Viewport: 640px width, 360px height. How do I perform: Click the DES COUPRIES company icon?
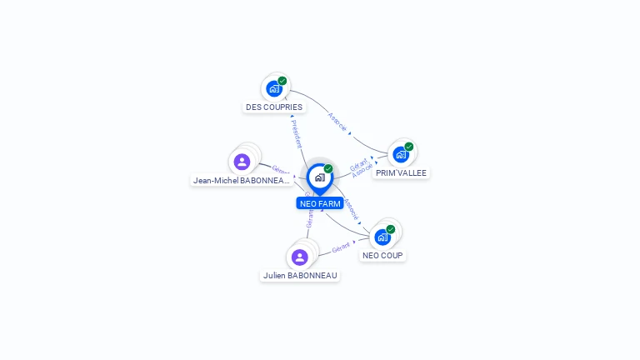(274, 88)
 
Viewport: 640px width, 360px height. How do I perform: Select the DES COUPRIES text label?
(274, 107)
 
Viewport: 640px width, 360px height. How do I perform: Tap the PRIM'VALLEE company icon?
(401, 154)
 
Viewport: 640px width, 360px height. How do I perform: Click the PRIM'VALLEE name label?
(401, 173)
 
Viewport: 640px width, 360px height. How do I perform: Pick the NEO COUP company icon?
(382, 237)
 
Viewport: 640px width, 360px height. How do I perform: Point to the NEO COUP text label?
(382, 256)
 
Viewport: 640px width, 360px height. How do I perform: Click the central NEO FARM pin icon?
(319, 177)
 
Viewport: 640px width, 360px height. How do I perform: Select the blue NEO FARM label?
(319, 203)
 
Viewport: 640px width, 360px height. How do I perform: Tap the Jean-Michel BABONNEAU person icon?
(242, 162)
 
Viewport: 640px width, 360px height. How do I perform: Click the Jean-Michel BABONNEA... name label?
(242, 180)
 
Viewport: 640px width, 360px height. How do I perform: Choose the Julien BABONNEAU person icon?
(300, 257)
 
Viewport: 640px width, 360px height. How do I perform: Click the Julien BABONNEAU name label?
(300, 276)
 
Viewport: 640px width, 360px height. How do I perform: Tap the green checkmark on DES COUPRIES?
(282, 81)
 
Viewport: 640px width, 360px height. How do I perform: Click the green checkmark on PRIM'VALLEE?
(409, 147)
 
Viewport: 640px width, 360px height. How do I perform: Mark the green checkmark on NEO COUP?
(391, 229)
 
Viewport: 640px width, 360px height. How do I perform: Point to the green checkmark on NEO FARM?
(328, 169)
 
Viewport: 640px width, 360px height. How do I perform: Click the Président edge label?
(296, 133)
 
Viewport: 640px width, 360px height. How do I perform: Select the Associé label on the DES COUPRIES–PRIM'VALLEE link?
(337, 122)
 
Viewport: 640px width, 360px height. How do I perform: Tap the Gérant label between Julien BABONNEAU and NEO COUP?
(340, 248)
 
